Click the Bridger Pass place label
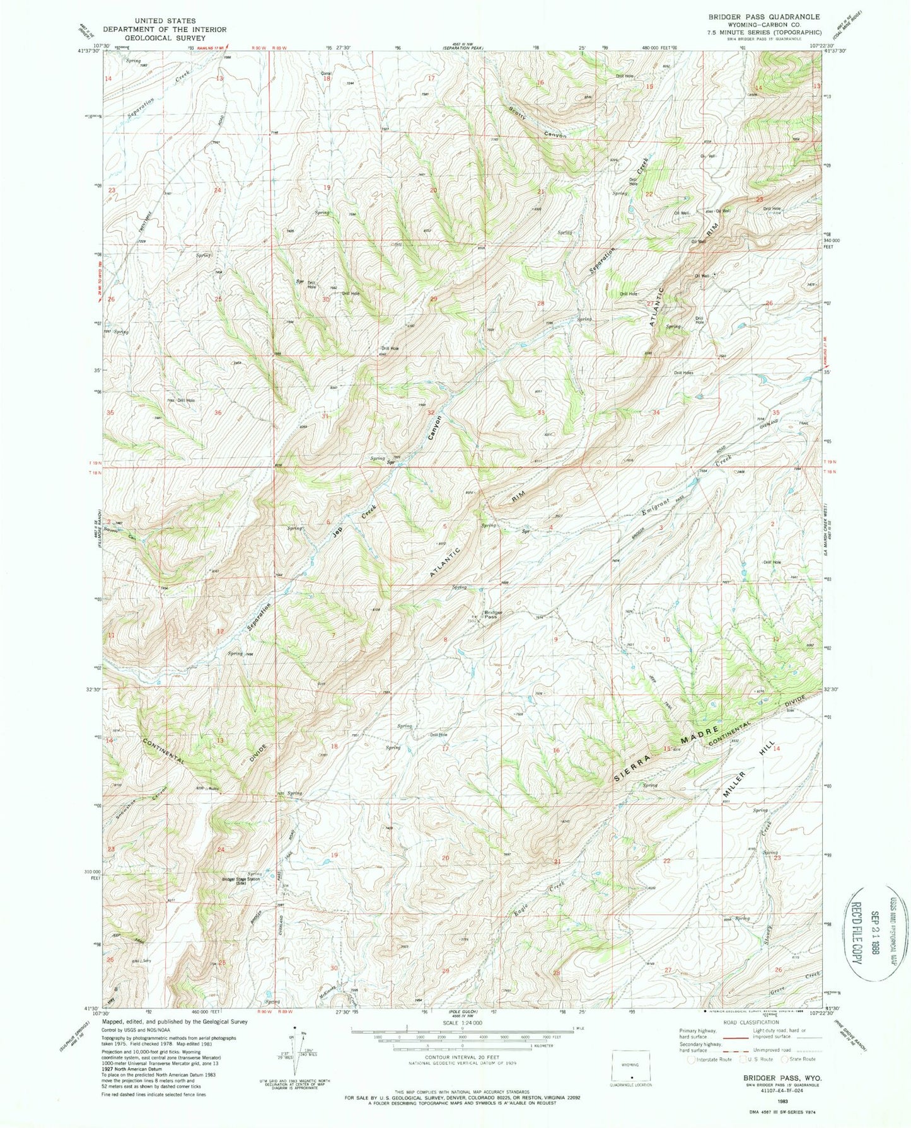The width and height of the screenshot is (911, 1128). (x=492, y=615)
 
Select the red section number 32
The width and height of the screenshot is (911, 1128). (x=431, y=412)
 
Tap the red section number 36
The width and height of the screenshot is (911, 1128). (x=218, y=413)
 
